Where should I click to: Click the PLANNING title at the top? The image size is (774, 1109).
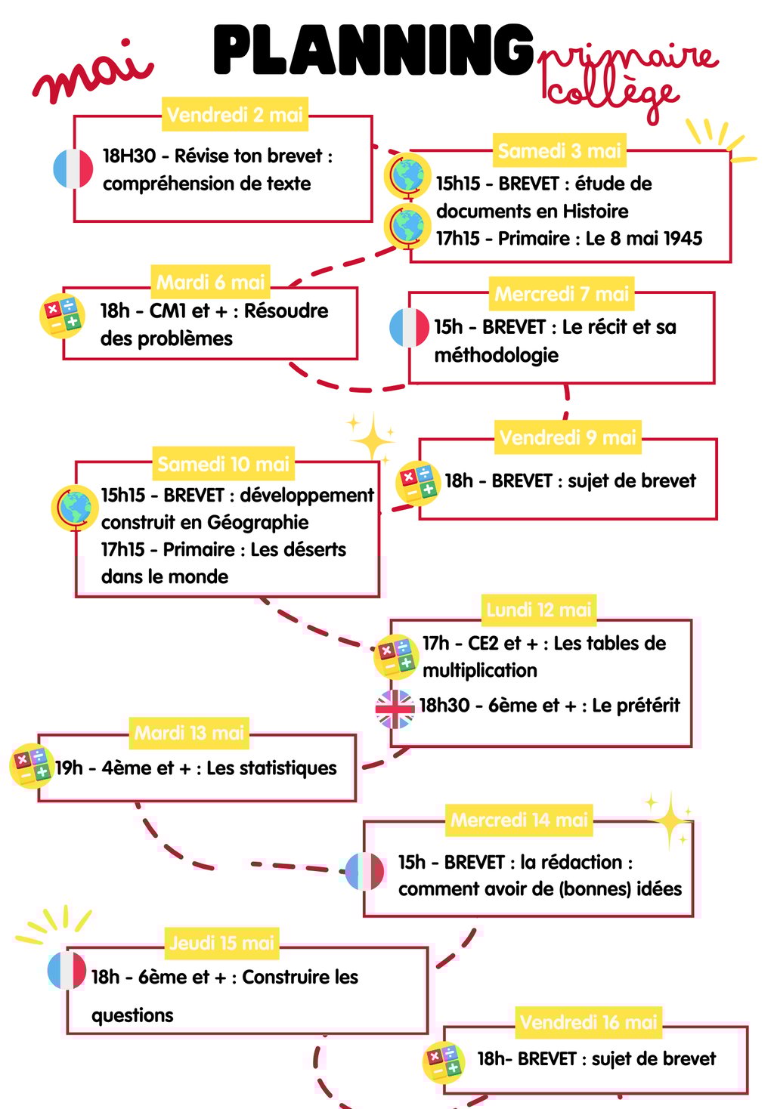point(374,50)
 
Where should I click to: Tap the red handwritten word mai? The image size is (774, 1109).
point(92,74)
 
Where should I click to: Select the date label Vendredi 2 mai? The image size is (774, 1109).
point(234,115)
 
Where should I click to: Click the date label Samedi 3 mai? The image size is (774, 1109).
point(559,151)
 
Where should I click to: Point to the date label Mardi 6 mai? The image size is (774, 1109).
point(210,283)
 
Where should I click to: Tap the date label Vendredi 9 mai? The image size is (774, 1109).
point(568,437)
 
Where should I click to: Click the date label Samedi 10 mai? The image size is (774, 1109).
point(223,464)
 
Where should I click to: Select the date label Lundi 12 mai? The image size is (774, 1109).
point(538,610)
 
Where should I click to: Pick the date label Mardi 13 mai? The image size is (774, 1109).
point(189,733)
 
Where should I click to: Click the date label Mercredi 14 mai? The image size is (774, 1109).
point(519,820)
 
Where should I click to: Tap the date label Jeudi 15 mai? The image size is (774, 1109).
point(222,943)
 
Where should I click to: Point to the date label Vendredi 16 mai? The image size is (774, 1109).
point(589,1022)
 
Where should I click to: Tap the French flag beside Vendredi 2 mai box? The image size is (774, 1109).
point(73,168)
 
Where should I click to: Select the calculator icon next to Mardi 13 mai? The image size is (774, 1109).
point(31,765)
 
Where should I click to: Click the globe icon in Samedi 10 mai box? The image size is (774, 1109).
point(74,508)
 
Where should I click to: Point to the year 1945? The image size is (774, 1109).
point(683,239)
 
